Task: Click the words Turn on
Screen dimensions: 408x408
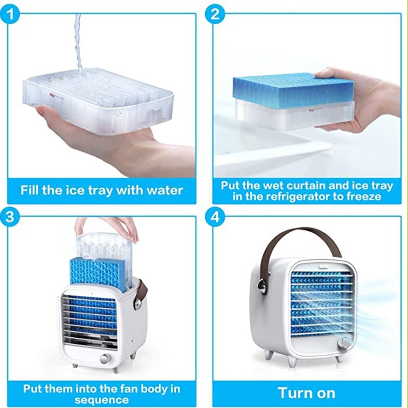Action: pos(306,393)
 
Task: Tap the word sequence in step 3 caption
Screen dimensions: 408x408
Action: pos(102,400)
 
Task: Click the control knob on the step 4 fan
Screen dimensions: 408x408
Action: pos(344,343)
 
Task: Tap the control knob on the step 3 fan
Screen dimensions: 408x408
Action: pos(106,359)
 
